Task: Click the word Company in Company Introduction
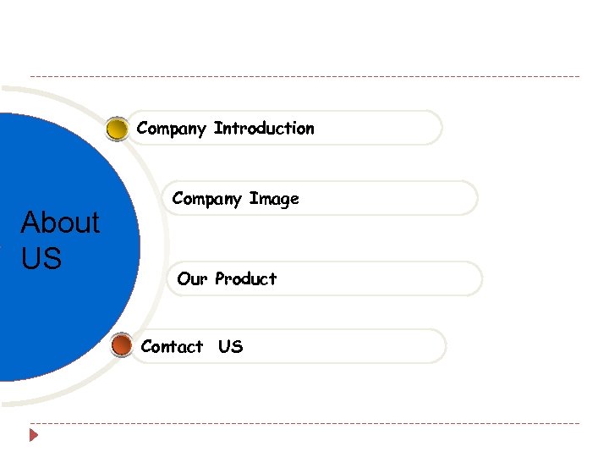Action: [x=172, y=129]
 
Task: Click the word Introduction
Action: [x=264, y=129]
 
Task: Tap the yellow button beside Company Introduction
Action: [x=118, y=129]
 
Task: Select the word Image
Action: [x=274, y=200]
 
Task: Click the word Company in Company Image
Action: [x=207, y=200]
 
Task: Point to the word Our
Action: [x=193, y=278]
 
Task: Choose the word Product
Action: [x=246, y=278]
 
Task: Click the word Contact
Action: [x=173, y=346]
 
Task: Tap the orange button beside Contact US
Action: [x=122, y=345]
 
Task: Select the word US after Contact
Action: [x=230, y=346]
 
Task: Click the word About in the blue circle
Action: [x=60, y=223]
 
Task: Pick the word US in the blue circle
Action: [x=41, y=258]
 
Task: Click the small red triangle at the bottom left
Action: [x=34, y=436]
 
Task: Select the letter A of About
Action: [x=31, y=223]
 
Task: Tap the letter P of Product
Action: [x=220, y=278]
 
